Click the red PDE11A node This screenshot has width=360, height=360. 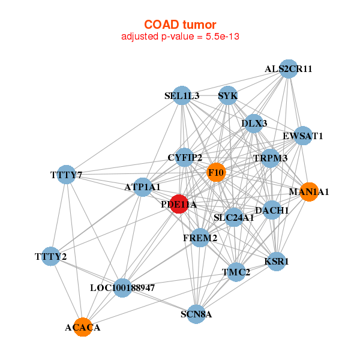[179, 204]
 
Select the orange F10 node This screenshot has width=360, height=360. [216, 172]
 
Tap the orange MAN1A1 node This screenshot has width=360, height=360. [309, 192]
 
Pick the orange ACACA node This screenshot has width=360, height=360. [83, 327]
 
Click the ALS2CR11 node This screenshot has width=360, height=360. [289, 68]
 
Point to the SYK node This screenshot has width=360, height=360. [227, 95]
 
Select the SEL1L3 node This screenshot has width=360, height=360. [182, 95]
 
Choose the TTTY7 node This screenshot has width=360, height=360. [66, 175]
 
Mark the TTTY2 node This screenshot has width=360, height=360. [51, 256]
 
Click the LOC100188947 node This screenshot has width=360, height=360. [122, 287]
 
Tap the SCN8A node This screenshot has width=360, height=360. [196, 314]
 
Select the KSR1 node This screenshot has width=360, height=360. [277, 261]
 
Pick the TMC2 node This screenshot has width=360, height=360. [236, 272]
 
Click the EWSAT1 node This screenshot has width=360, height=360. [303, 136]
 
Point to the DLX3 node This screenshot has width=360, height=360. [254, 124]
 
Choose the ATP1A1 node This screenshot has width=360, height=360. [143, 187]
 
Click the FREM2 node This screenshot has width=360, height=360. [200, 238]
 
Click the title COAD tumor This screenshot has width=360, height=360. [180, 25]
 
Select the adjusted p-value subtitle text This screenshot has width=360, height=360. [180, 37]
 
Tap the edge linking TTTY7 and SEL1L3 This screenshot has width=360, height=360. [124, 135]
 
